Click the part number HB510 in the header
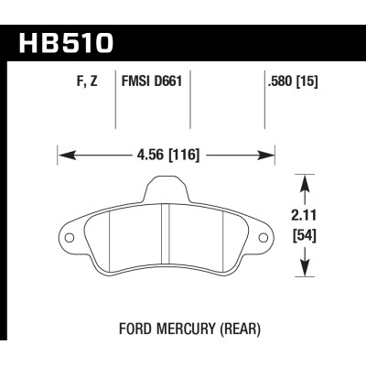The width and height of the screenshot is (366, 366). pos(66,43)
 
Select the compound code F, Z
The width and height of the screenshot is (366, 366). pos(87,81)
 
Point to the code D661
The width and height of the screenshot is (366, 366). pos(168,81)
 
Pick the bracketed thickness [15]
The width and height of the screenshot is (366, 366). pos(307,81)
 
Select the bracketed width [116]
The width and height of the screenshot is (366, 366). pos(184,155)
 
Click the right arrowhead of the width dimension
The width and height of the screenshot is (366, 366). pos(266,156)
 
